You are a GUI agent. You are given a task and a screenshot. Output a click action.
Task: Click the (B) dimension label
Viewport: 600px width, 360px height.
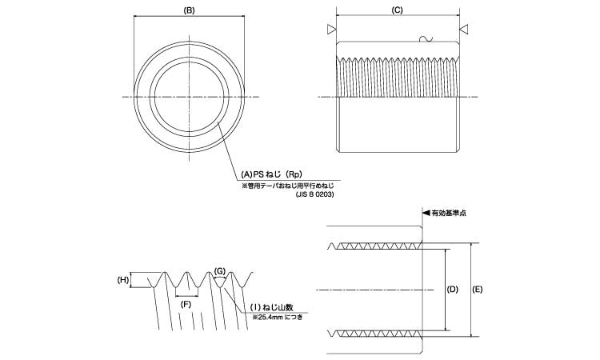tap(189, 10)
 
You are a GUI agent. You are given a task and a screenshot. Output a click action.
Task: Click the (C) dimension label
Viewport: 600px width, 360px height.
tap(397, 10)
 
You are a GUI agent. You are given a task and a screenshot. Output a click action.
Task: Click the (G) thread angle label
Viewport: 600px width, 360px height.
tap(220, 272)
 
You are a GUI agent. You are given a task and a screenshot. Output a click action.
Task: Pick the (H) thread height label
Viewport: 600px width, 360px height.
tap(123, 280)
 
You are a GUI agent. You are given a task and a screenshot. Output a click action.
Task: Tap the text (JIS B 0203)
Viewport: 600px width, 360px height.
tap(314, 194)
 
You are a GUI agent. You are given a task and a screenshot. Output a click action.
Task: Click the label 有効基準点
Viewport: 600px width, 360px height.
tap(450, 214)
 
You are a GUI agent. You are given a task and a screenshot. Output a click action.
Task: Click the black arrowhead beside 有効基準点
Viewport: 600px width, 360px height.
tap(426, 214)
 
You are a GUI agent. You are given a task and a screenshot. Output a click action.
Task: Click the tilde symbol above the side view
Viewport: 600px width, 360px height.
tap(425, 37)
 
